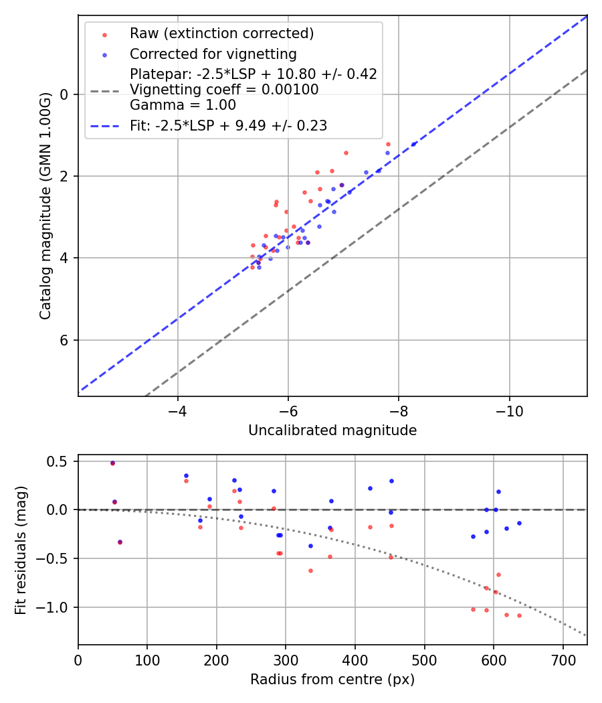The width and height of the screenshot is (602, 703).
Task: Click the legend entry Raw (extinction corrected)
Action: [x=221, y=33]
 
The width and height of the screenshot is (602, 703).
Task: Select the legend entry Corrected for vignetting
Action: [x=213, y=54]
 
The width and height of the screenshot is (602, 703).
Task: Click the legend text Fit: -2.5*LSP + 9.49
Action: [x=228, y=125]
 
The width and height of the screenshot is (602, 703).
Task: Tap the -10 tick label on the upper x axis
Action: [x=510, y=410]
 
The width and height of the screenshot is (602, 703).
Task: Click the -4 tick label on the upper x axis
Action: [x=178, y=410]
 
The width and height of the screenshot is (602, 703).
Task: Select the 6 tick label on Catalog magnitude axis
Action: [x=65, y=340]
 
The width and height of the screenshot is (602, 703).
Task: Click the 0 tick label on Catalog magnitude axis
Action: [x=65, y=94]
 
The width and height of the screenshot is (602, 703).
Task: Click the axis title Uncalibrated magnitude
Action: [x=332, y=431]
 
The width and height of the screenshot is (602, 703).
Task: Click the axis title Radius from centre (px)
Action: [x=332, y=680]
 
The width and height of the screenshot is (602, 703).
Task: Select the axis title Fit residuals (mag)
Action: [x=21, y=550]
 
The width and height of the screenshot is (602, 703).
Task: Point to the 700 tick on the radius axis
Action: [x=563, y=659]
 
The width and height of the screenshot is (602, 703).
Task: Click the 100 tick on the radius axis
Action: [x=147, y=659]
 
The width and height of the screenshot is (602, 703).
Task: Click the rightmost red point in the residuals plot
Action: [x=519, y=615]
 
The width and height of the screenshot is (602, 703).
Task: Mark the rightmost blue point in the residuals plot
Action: [x=519, y=523]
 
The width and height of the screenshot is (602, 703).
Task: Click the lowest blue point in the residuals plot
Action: [x=310, y=546]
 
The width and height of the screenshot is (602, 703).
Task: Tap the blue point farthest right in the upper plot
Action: [x=413, y=144]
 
